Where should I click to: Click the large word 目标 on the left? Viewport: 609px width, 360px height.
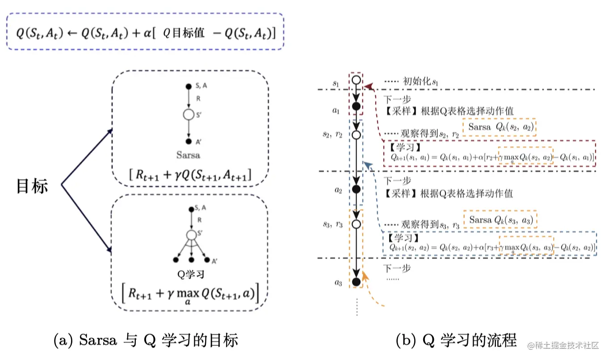[x=32, y=186]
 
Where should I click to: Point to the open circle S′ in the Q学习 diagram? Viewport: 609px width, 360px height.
[x=191, y=234]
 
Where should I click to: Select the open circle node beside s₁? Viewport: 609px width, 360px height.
[x=356, y=80]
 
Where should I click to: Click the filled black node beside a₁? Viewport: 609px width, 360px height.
[x=356, y=106]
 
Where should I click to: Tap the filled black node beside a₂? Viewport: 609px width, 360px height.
[x=356, y=189]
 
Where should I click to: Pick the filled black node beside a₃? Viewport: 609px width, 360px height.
[x=356, y=282]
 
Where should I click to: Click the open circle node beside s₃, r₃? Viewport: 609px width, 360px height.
[x=356, y=225]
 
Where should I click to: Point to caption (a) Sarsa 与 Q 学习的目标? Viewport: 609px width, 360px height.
[x=145, y=341]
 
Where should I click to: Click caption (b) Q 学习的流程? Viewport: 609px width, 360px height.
[x=456, y=341]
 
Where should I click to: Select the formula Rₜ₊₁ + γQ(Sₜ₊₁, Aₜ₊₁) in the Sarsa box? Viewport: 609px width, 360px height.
[x=189, y=176]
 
